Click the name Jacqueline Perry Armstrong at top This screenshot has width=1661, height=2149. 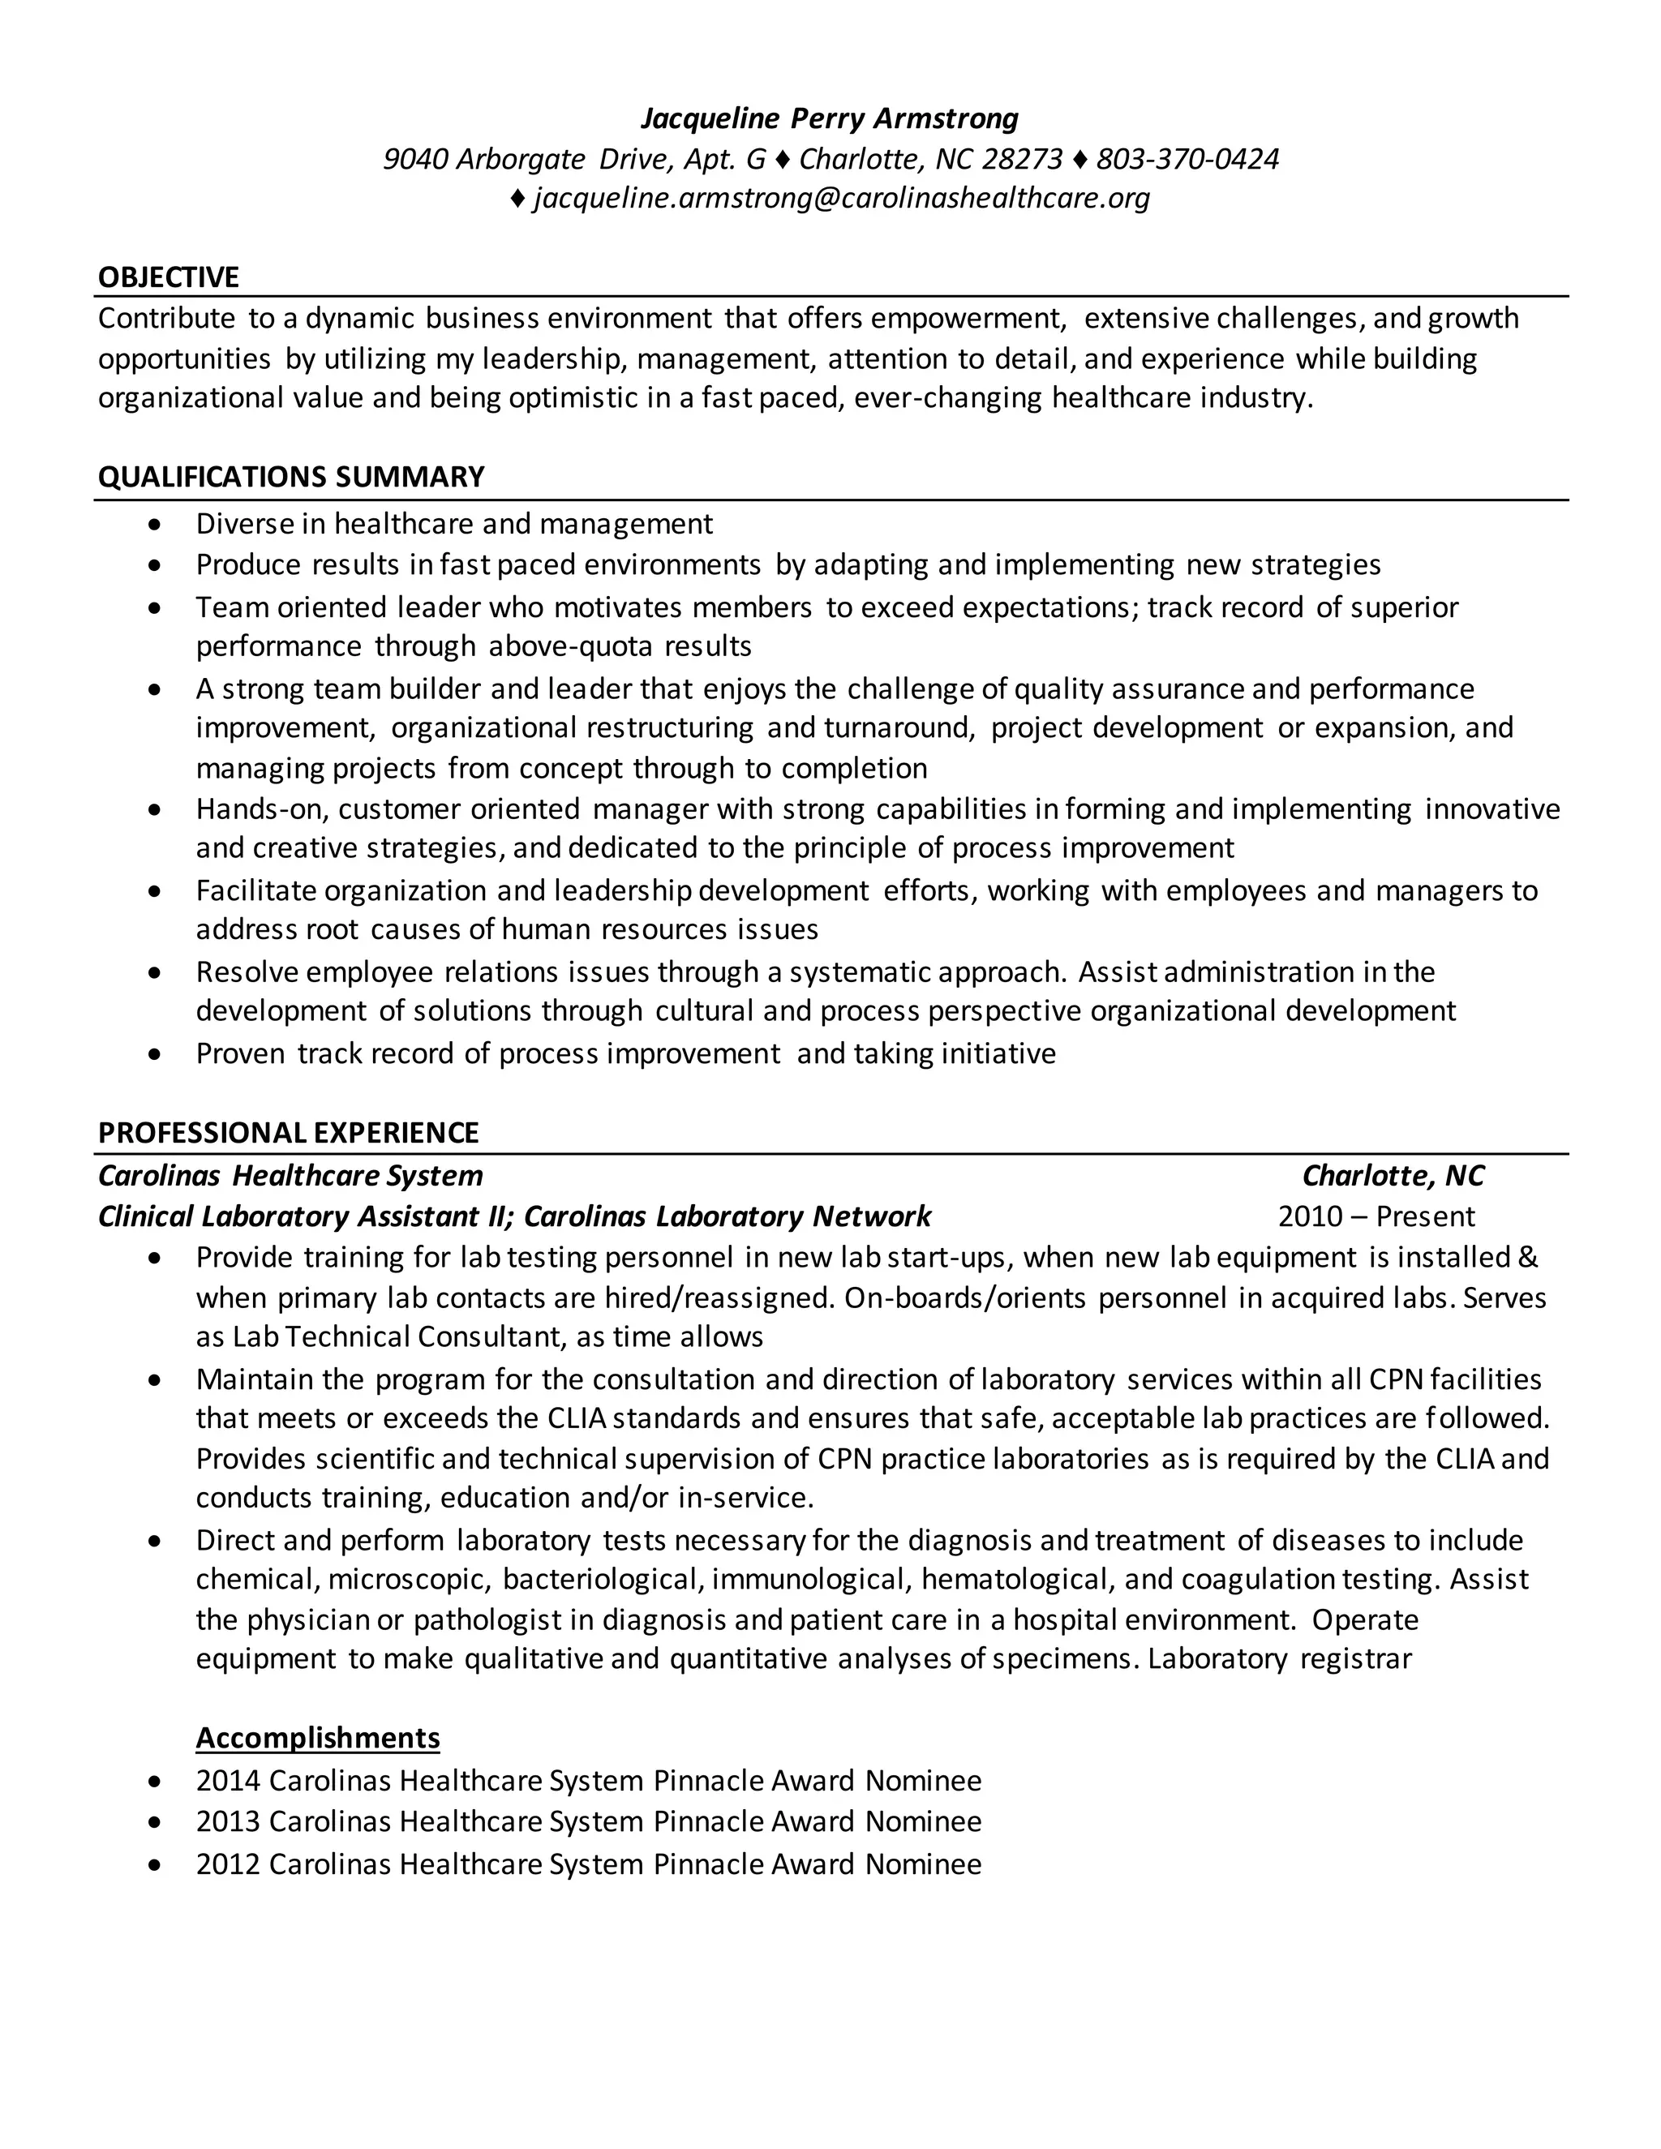pos(830,119)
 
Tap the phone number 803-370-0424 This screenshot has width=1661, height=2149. pos(1187,160)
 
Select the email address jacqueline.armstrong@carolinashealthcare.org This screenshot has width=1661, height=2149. pos(841,199)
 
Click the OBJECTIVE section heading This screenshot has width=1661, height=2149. pos(168,277)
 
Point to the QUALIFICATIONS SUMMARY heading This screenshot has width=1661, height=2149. pos(291,477)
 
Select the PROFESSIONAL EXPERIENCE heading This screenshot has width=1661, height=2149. pos(288,1133)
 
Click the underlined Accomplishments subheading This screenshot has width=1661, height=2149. pos(317,1738)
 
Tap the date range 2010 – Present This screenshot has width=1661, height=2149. pos(1376,1217)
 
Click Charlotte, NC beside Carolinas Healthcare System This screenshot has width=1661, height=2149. pos(1393,1176)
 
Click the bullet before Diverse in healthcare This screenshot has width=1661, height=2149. pos(154,525)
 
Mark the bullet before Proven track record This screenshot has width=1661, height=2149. pos(154,1056)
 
